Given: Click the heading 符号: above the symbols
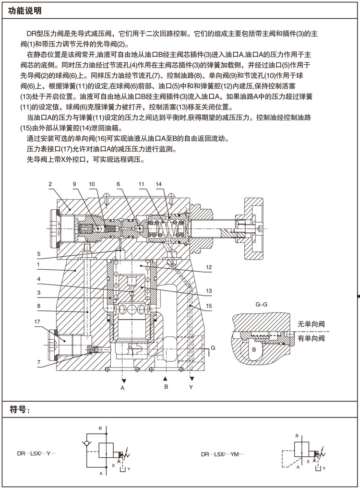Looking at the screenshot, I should click(x=22, y=409).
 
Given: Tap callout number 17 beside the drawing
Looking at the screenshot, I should click(x=37, y=322).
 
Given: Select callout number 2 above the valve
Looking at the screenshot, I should click(x=49, y=184).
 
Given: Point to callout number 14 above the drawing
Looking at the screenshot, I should click(x=158, y=184).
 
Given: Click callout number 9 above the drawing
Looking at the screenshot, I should click(x=74, y=184).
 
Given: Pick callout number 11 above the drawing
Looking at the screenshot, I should click(x=142, y=184).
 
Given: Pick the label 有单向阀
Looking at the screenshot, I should click(x=311, y=339).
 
